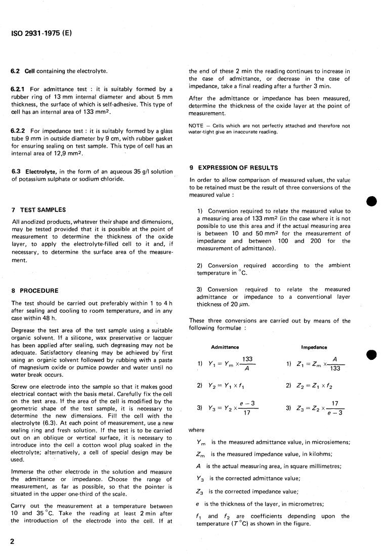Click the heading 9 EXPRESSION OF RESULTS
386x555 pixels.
(x=234, y=167)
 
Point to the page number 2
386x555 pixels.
(x=12, y=541)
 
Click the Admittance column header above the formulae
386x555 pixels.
(x=225, y=347)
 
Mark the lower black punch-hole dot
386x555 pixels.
(x=373, y=355)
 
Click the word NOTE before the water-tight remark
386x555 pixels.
(x=196, y=126)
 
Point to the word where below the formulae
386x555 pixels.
(x=196, y=430)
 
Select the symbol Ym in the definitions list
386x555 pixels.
(x=201, y=443)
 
